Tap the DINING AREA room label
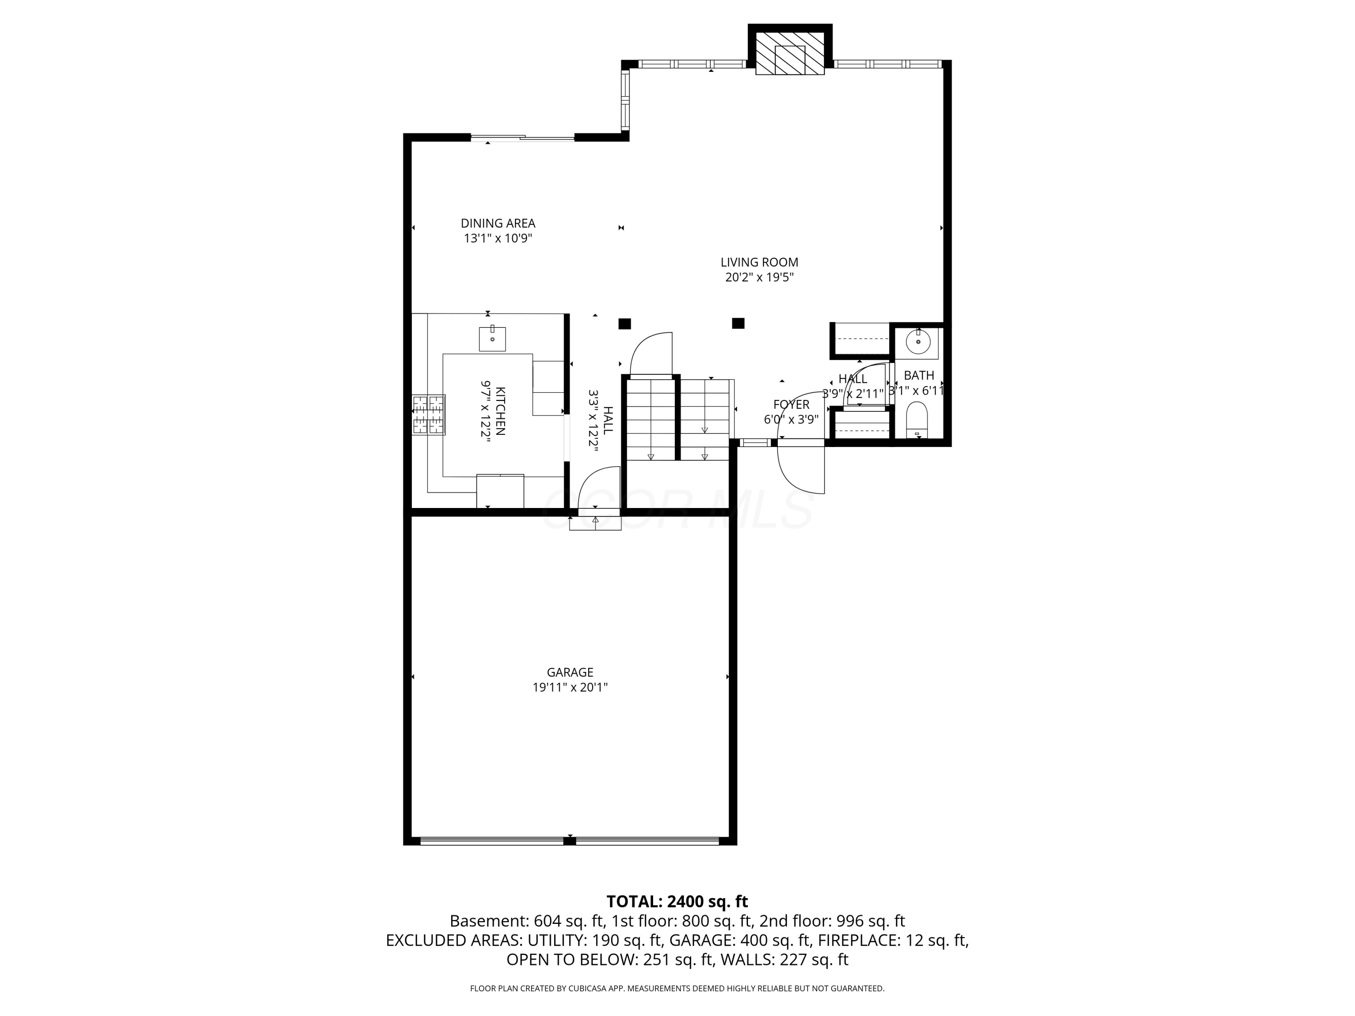(498, 224)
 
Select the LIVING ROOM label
(760, 262)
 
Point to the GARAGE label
(570, 672)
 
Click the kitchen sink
(492, 339)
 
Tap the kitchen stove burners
(428, 415)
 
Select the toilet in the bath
(916, 419)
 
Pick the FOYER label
(791, 405)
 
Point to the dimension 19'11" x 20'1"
(570, 688)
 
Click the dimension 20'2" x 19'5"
(760, 277)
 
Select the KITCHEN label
(500, 411)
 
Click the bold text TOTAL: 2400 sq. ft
(677, 901)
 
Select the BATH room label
(919, 375)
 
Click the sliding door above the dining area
(523, 138)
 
